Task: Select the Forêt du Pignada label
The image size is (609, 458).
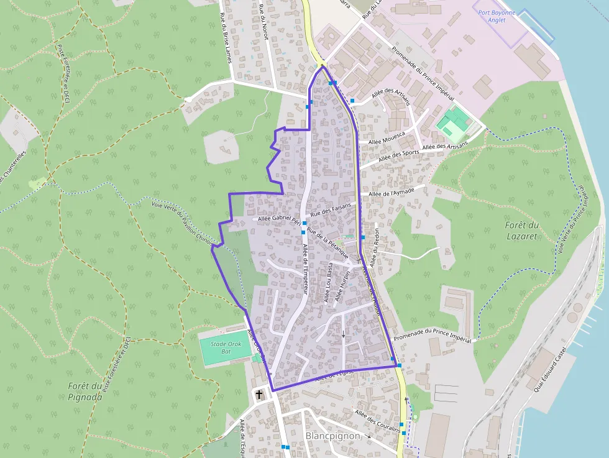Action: [x=85, y=391]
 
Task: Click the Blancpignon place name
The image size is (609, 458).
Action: [x=333, y=436]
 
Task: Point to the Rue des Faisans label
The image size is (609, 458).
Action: [x=331, y=209]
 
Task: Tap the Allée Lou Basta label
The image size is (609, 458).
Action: [x=328, y=283]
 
